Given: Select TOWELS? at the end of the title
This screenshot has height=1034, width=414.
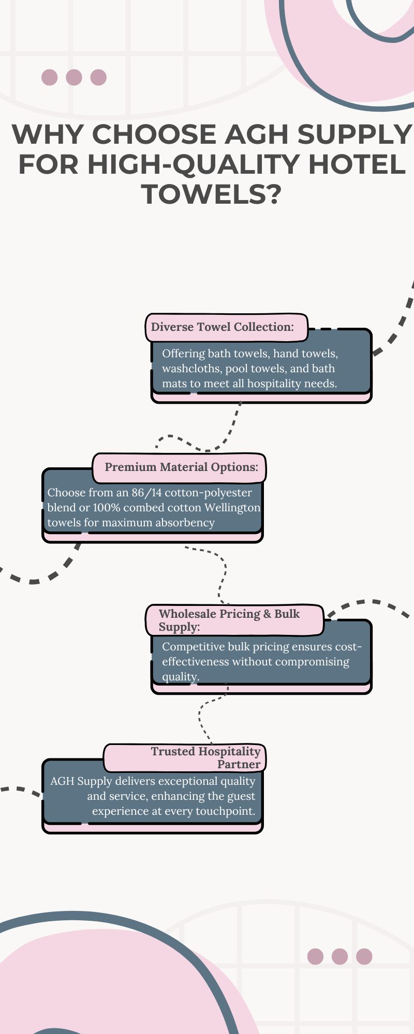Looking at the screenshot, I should [x=211, y=194].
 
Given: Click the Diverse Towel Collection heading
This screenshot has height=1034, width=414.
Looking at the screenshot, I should [x=223, y=327].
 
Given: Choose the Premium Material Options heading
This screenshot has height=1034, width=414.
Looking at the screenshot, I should [x=181, y=467].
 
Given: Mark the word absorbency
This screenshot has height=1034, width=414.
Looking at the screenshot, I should [x=184, y=523].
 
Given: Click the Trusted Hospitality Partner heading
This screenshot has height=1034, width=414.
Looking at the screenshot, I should [x=206, y=757].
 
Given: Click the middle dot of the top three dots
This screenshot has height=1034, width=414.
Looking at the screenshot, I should [x=74, y=78].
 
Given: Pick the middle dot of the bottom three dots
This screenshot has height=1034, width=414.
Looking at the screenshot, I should [x=340, y=956].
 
